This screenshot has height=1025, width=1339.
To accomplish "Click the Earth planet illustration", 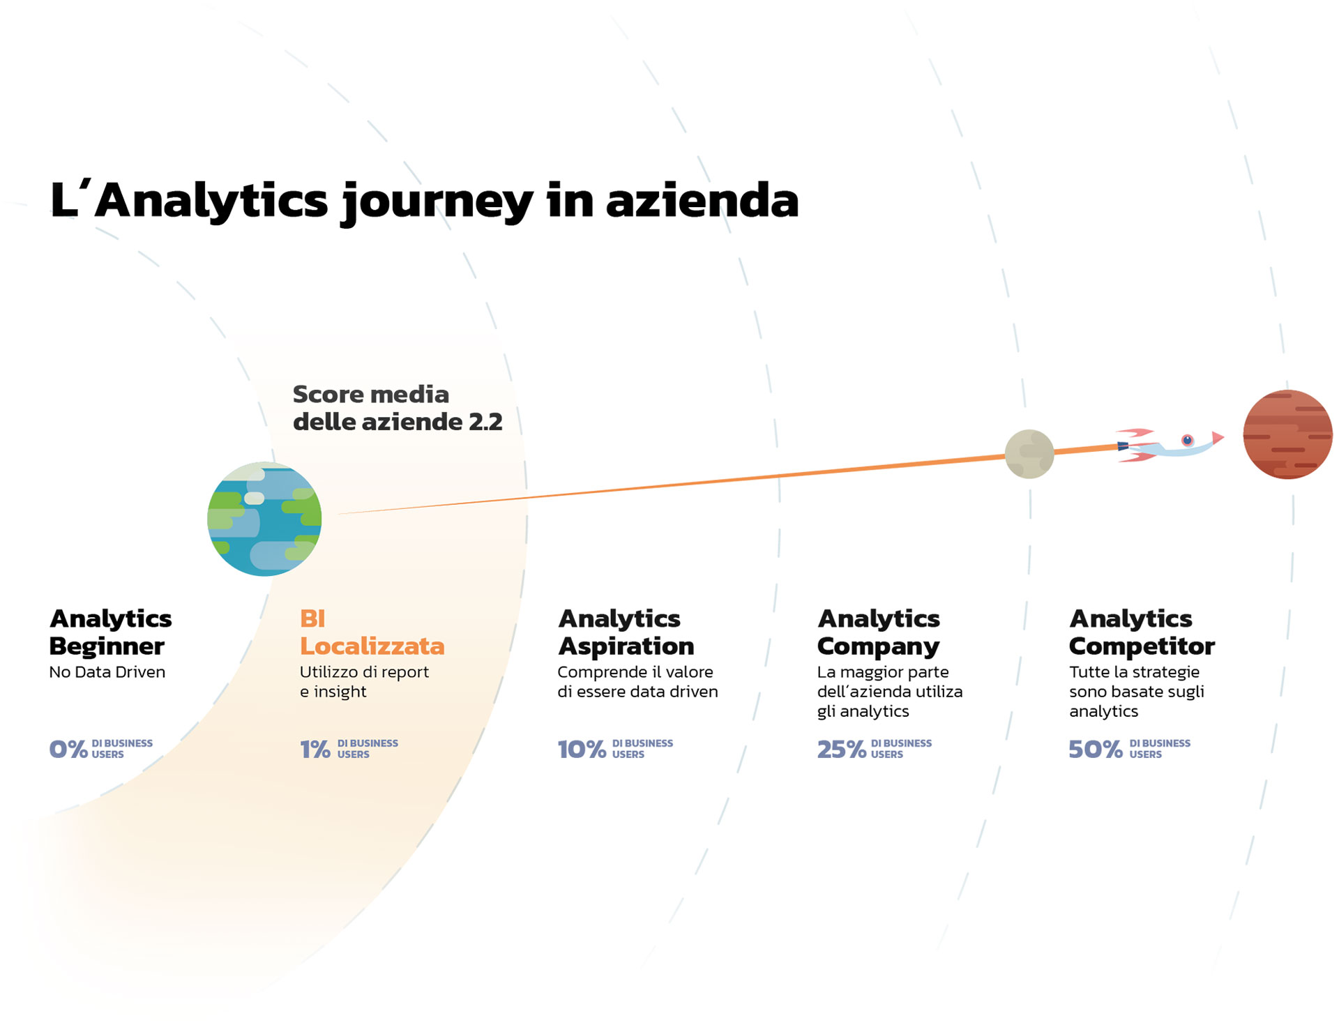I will coord(264,519).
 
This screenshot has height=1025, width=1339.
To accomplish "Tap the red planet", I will coord(1287,434).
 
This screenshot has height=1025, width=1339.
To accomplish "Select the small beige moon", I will coord(1029,454).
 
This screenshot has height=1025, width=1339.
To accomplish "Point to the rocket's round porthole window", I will coord(1187,440).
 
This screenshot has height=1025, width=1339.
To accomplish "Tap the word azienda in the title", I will coord(702,200).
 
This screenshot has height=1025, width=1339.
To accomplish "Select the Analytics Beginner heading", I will coord(110,632).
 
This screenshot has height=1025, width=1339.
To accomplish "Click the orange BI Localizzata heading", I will coord(372,632).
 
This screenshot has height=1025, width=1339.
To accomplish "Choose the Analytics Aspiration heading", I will coord(626,632).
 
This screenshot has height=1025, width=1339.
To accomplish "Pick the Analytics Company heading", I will coord(878,632).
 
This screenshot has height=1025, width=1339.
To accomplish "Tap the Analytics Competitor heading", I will coord(1141,632).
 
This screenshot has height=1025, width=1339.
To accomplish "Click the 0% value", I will coord(68,749).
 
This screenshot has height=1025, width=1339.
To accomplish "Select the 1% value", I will coord(315,749).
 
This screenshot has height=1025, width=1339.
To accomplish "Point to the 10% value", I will coord(582,749).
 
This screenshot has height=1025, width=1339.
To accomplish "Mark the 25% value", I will coord(841,749).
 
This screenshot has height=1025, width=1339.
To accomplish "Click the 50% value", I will coord(1095,749).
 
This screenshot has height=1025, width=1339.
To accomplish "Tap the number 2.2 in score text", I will coord(485,422).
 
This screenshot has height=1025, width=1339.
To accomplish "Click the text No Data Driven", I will coord(107,672).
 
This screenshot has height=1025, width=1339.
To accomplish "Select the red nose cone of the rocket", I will coord(1218,437).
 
